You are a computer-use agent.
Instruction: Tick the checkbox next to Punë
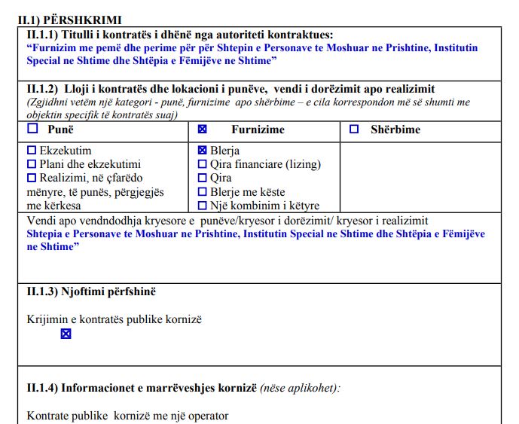[32, 129]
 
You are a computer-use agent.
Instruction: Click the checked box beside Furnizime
[203, 130]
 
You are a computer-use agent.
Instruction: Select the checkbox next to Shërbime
[354, 130]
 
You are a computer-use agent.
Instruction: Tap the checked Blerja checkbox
[202, 151]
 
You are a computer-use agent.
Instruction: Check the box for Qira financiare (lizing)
[202, 164]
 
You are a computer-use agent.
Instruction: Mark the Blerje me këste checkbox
[202, 192]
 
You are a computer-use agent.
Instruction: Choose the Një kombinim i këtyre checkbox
[202, 206]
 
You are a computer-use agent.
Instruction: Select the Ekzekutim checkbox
[32, 151]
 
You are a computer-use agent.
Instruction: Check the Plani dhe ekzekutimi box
[32, 164]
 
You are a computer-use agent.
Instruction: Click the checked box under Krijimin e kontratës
[66, 334]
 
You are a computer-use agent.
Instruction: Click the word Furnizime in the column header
[258, 130]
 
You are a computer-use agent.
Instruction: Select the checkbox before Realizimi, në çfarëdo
[32, 178]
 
